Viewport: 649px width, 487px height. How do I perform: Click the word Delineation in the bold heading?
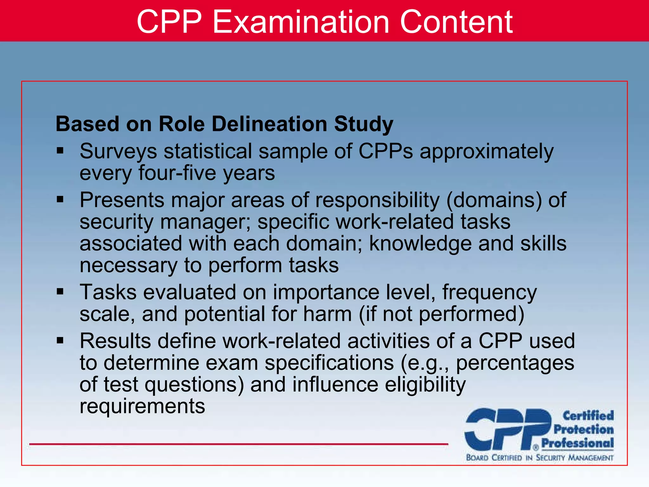[269, 124]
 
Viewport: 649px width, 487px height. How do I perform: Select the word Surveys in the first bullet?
[118, 152]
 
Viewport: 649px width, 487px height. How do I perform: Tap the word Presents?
[122, 200]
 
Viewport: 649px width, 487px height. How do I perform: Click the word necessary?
[128, 266]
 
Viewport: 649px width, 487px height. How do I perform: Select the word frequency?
[489, 292]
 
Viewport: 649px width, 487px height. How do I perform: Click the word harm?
[327, 314]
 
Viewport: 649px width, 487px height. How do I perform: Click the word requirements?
[142, 406]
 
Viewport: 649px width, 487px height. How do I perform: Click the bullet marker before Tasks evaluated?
[60, 291]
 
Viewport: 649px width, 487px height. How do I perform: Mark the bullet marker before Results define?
[60, 341]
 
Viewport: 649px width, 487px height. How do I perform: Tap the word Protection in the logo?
[583, 429]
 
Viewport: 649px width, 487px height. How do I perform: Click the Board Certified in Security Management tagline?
[540, 458]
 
